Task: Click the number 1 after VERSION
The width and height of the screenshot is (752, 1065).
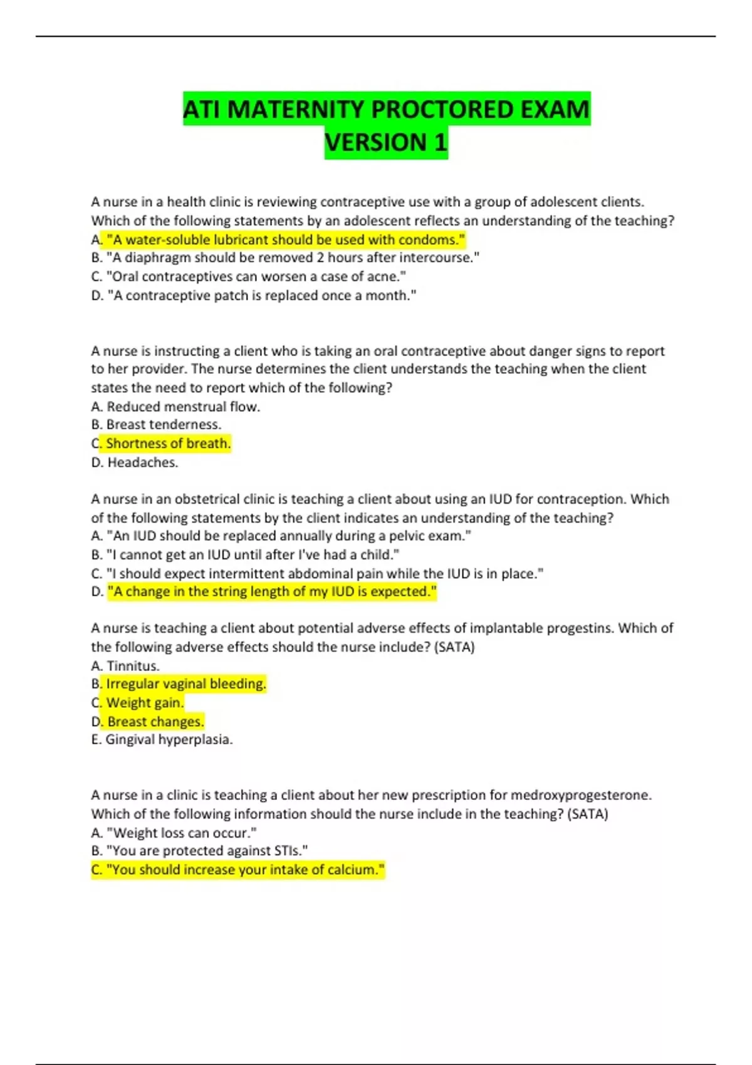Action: click(439, 143)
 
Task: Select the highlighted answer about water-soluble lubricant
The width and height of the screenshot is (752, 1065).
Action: click(286, 239)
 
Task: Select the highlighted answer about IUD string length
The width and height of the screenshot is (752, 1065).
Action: click(272, 591)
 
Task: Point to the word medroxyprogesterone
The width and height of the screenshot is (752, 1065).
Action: click(580, 795)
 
